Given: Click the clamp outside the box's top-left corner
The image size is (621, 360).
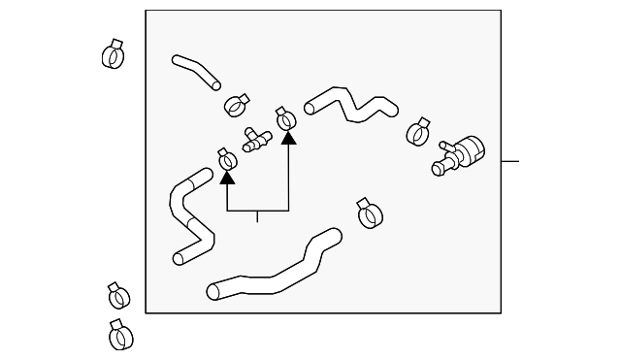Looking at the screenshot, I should [114, 54].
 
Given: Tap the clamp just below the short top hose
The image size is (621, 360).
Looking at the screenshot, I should [237, 104].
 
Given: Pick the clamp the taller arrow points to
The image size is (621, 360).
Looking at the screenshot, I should [286, 119].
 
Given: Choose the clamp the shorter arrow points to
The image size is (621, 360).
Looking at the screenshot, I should [228, 160].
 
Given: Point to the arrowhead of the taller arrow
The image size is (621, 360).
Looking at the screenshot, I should [288, 138].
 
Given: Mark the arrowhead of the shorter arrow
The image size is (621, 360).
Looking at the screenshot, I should [228, 177].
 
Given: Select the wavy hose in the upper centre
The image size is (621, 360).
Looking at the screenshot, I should [349, 104].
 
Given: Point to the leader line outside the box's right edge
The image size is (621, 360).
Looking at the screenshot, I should [510, 161].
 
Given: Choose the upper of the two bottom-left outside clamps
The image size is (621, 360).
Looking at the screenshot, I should [116, 296].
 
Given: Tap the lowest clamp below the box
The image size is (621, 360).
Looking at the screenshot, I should [119, 335].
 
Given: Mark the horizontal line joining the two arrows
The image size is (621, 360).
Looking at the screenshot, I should [258, 211].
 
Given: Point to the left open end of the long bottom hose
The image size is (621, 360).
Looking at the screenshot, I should [212, 290].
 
